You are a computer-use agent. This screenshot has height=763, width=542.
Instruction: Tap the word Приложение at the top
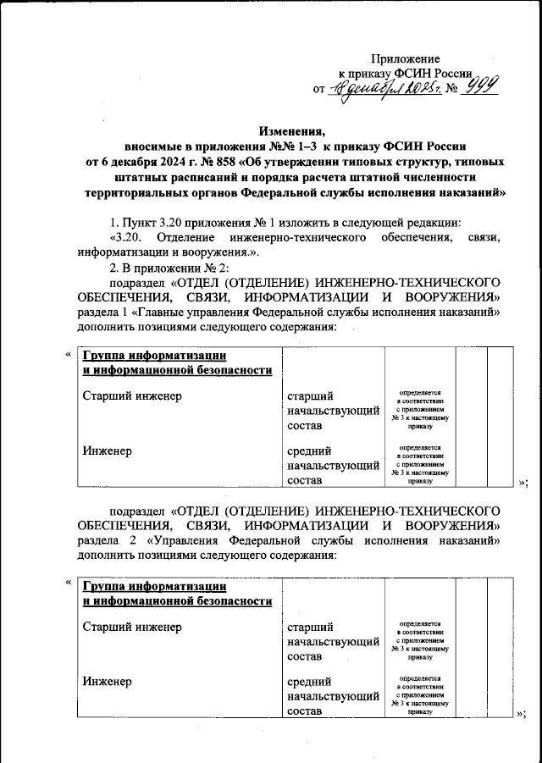tap(406, 58)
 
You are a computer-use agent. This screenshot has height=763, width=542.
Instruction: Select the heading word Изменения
tap(291, 131)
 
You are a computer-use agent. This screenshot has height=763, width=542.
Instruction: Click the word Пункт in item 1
tap(145, 223)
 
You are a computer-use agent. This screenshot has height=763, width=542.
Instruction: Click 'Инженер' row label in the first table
tap(107, 451)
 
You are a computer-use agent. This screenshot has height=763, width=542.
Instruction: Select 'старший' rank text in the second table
tap(311, 627)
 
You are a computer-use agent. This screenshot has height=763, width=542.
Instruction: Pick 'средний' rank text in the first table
tap(309, 451)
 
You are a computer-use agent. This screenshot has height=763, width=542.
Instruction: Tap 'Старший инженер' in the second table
tap(132, 627)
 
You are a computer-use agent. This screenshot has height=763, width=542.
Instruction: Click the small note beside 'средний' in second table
tap(419, 695)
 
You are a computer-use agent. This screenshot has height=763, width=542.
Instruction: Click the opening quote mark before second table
tap(68, 583)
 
